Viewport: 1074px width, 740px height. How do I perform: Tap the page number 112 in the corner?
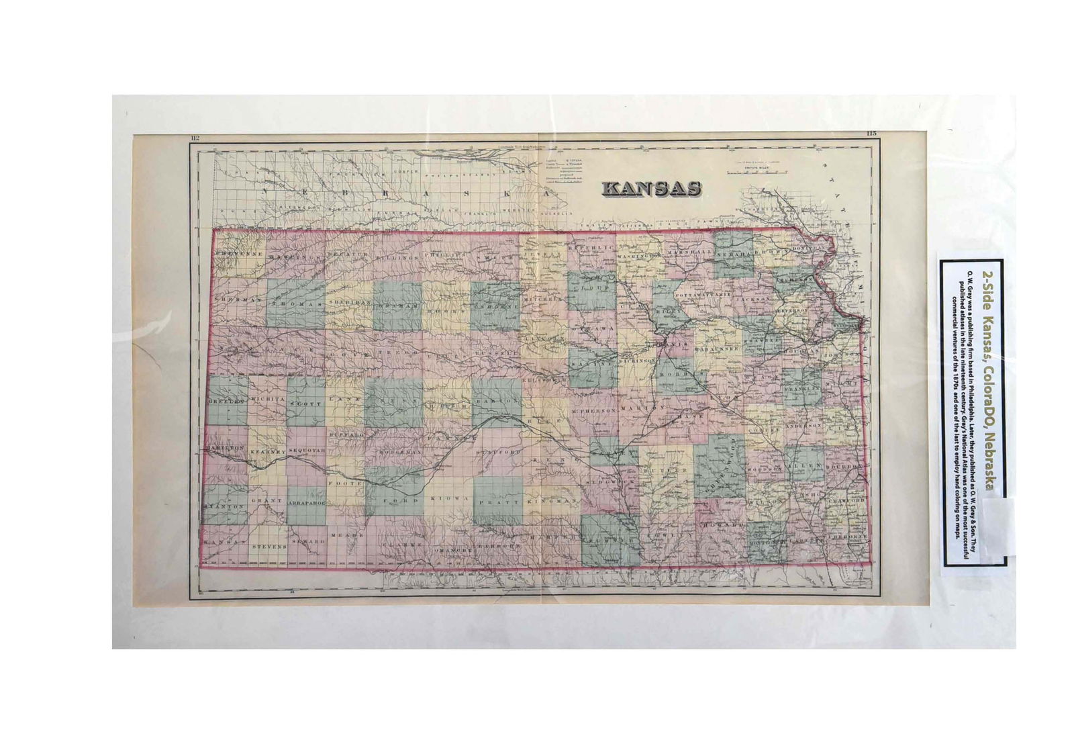point(195,139)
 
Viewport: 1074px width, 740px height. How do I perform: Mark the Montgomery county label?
point(767,542)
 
